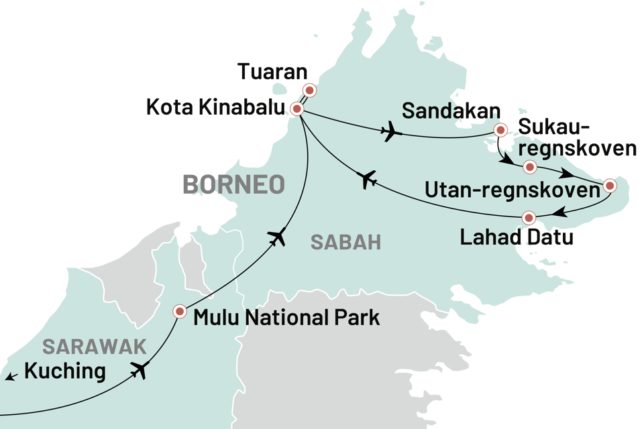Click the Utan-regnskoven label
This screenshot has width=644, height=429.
tap(512, 191)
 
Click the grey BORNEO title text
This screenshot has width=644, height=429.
tap(233, 184)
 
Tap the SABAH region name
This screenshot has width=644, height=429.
tap(345, 242)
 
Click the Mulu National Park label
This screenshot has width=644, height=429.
tap(286, 317)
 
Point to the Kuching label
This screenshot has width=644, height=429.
tap(65, 371)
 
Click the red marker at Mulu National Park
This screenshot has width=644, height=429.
tap(180, 311)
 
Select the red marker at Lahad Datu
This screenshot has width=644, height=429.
tap(529, 217)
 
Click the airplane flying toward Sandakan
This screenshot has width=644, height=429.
tap(390, 133)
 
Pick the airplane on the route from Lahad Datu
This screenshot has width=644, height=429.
tap(366, 179)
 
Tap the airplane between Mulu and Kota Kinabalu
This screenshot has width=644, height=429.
tap(276, 236)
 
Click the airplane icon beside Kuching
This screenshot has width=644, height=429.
tap(140, 370)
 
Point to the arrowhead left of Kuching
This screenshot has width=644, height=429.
tap(9, 379)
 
